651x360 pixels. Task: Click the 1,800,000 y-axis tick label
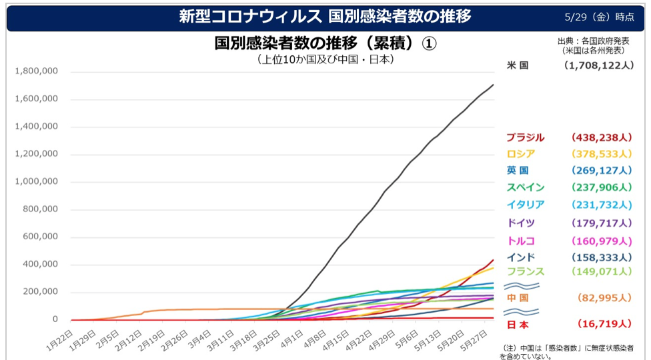pos(37,71)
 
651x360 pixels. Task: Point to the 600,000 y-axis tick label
pos(40,237)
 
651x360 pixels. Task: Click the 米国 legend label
pos(518,65)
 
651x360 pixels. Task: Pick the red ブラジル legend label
pos(525,137)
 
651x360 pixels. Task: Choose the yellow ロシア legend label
pos(521,154)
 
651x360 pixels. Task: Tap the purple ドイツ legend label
pos(521,223)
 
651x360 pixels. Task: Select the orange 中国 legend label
pos(518,298)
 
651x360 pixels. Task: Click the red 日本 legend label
pos(518,324)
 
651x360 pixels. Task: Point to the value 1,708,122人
pos(599,65)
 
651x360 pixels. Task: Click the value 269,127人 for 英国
pos(602,171)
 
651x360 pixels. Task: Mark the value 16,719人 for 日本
pos(604,324)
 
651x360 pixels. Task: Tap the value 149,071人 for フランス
pos(602,271)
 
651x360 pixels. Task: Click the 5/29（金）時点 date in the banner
pos(599,17)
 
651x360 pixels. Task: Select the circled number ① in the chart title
pos(429,43)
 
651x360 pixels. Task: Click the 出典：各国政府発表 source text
pos(593,41)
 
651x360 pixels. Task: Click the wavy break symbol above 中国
pos(522,286)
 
